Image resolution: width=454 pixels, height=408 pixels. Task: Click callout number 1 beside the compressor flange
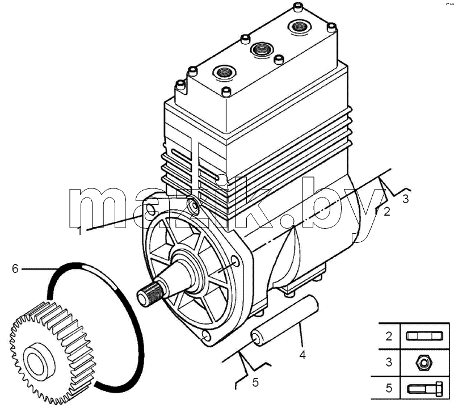click(79, 232)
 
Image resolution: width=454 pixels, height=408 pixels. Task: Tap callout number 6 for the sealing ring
click(15, 269)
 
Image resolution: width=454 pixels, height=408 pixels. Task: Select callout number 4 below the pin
click(302, 355)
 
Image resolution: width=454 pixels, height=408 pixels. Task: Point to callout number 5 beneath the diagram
click(255, 382)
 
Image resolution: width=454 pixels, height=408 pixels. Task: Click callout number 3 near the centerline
click(406, 199)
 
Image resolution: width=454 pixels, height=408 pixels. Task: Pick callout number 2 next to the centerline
click(387, 212)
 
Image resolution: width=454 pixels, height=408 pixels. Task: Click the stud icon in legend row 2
click(424, 336)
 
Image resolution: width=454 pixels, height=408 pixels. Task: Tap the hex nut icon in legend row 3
click(423, 362)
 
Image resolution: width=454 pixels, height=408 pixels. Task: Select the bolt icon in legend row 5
click(425, 388)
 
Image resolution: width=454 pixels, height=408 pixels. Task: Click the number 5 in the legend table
click(389, 388)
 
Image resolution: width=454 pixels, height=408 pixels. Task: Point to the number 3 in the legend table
click(389, 362)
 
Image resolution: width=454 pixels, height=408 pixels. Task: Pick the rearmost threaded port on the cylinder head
click(299, 27)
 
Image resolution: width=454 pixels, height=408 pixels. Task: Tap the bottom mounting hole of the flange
click(207, 335)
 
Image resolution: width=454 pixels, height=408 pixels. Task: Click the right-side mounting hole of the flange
click(236, 261)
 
